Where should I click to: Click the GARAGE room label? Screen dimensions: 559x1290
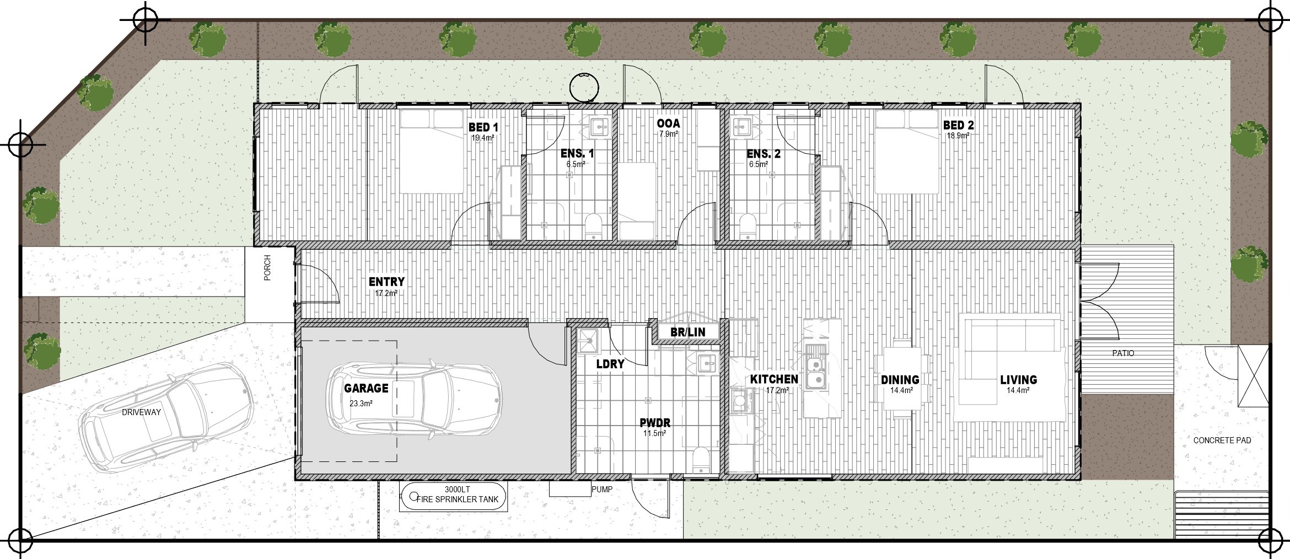click(366, 388)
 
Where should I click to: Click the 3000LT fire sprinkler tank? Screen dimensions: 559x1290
click(453, 497)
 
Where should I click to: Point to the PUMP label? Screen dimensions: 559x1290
click(601, 489)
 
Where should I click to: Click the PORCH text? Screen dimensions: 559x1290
click(268, 268)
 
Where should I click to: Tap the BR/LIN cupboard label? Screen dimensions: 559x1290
click(687, 332)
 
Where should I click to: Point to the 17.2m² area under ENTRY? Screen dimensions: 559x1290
click(386, 294)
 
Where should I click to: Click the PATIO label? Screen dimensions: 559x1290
click(1123, 353)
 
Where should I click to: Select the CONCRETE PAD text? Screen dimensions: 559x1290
click(1222, 440)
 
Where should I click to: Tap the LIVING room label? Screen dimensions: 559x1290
click(1018, 380)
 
